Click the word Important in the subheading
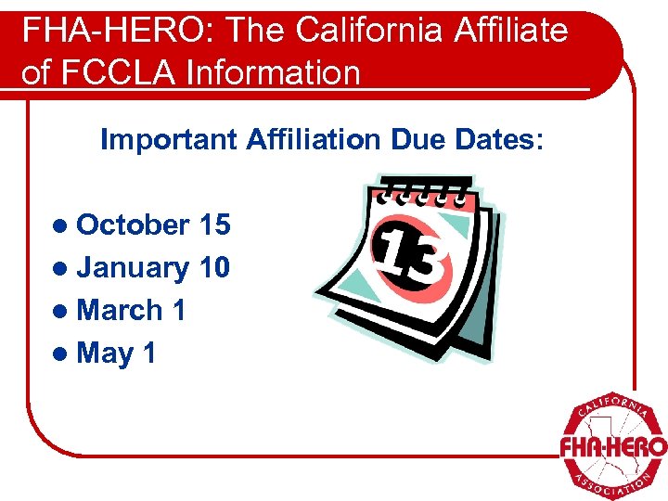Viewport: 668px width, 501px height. pyautogui.click(x=169, y=140)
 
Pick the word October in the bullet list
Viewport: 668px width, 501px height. pyautogui.click(x=133, y=225)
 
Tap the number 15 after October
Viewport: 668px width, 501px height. pyautogui.click(x=214, y=225)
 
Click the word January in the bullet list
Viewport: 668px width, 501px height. pyautogui.click(x=133, y=267)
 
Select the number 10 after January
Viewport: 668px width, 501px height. pyautogui.click(x=214, y=267)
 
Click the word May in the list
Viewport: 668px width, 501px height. pyautogui.click(x=105, y=353)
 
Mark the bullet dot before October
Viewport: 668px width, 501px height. pyautogui.click(x=61, y=225)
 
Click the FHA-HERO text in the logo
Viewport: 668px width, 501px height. pyautogui.click(x=612, y=447)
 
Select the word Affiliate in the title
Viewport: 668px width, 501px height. pyautogui.click(x=511, y=31)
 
